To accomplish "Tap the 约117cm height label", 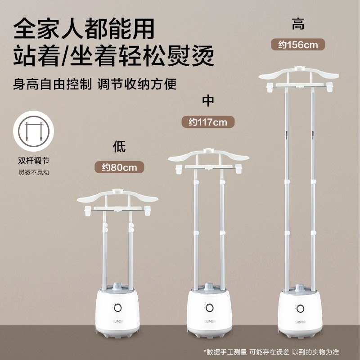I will point(208,121).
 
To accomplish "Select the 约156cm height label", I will point(297,45).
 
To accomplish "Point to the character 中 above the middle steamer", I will point(208,100).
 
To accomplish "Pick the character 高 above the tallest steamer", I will point(297,24).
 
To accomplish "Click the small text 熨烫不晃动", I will point(31,172).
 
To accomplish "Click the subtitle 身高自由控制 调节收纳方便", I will point(95,84).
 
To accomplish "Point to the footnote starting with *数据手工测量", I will point(277,351).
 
